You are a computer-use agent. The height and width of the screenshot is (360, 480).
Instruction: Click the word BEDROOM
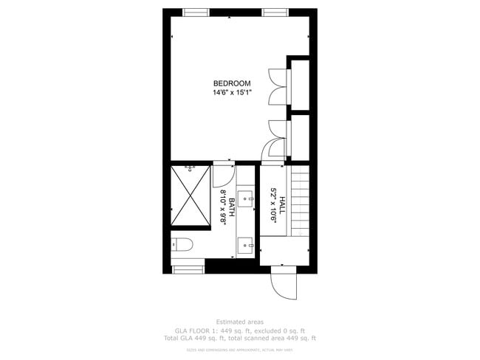tap(232, 83)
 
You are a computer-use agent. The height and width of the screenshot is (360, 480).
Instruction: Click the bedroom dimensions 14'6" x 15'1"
tap(232, 93)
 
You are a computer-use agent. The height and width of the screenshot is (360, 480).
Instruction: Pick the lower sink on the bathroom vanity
tap(246, 242)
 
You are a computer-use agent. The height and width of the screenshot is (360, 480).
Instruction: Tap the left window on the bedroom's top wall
tap(196, 12)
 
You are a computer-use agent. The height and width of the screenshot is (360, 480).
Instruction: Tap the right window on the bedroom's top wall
tap(274, 12)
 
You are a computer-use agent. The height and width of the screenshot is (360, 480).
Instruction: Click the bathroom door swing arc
tap(222, 175)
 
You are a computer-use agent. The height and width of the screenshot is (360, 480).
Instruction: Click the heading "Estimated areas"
tap(239, 322)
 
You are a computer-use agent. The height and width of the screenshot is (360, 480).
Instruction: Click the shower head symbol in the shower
tap(191, 169)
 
